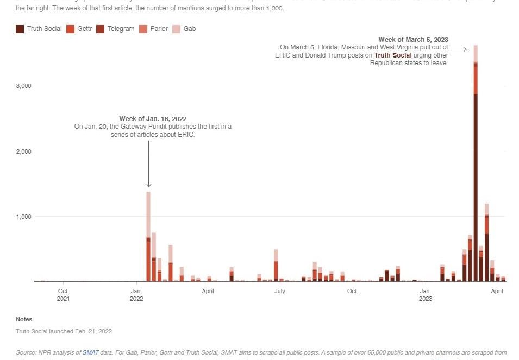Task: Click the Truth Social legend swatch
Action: tap(20, 29)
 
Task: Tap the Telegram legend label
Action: tap(121, 29)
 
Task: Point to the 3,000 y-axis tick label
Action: tap(23, 86)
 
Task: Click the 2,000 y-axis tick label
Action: tap(23, 151)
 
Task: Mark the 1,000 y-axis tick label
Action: tap(23, 216)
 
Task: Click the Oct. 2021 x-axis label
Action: tap(63, 295)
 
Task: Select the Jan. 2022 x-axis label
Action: tap(136, 295)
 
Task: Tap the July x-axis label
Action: tap(279, 292)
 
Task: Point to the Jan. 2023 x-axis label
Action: tap(426, 295)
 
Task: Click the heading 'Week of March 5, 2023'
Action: tap(413, 39)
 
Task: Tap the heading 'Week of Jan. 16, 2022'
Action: tap(153, 119)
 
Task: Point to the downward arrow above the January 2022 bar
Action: tap(149, 163)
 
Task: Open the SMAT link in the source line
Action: tap(90, 352)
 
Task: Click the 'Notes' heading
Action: tap(24, 319)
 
